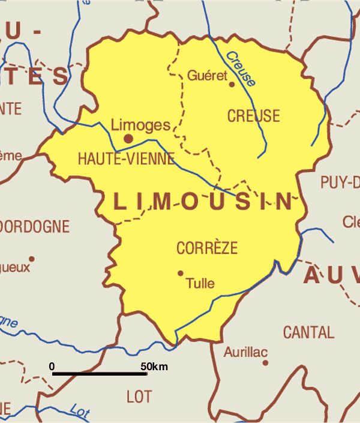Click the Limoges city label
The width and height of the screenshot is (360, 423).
click(141, 125)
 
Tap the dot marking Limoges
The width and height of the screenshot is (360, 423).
click(128, 139)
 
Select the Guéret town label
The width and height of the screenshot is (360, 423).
click(208, 76)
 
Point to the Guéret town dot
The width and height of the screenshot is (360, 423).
click(232, 84)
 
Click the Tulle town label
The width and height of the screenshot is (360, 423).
click(200, 283)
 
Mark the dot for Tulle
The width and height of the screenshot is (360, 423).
click(180, 273)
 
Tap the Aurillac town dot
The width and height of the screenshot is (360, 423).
click(265, 362)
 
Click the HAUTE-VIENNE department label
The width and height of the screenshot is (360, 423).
click(126, 159)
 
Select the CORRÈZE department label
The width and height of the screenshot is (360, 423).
click(207, 248)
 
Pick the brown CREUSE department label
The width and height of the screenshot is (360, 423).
click(253, 116)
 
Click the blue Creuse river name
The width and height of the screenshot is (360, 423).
click(241, 68)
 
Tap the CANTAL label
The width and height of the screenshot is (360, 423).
click(308, 332)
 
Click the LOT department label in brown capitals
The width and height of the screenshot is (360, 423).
click(139, 397)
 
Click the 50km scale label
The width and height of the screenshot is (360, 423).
click(154, 366)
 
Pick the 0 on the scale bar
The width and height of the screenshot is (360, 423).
click(52, 366)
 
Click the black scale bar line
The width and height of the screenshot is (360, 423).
click(100, 374)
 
